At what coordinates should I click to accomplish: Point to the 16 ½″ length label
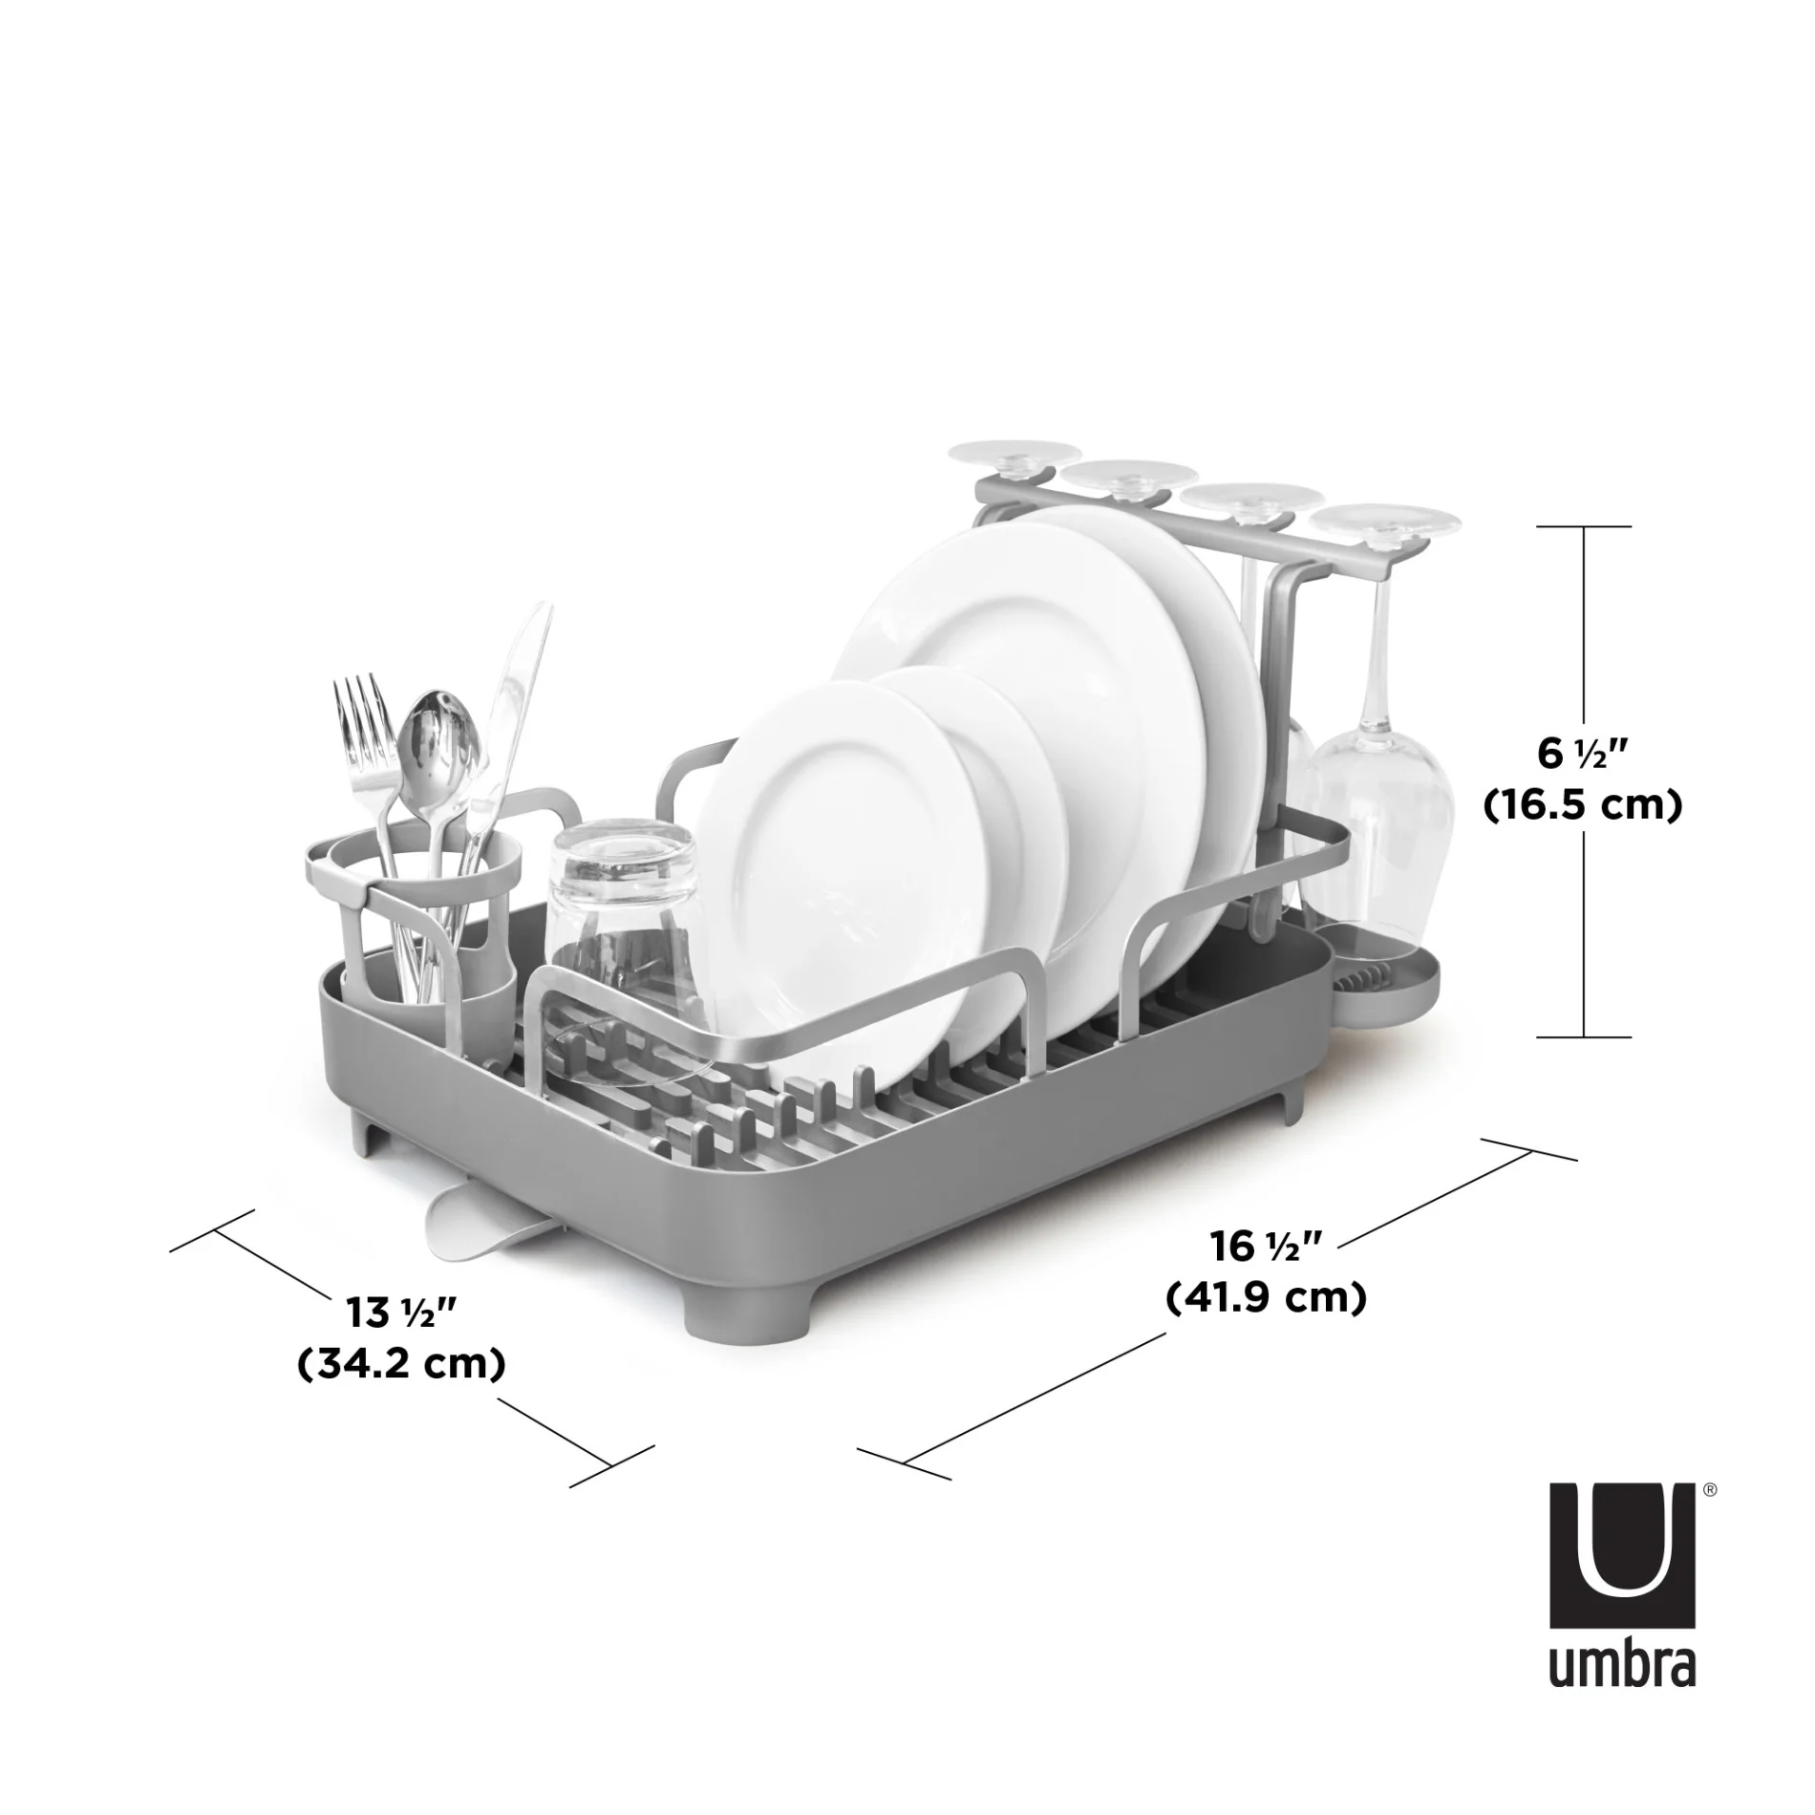click(x=1266, y=1246)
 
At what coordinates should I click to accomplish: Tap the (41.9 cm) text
click(x=1266, y=1297)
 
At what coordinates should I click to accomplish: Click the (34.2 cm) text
click(x=401, y=1364)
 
